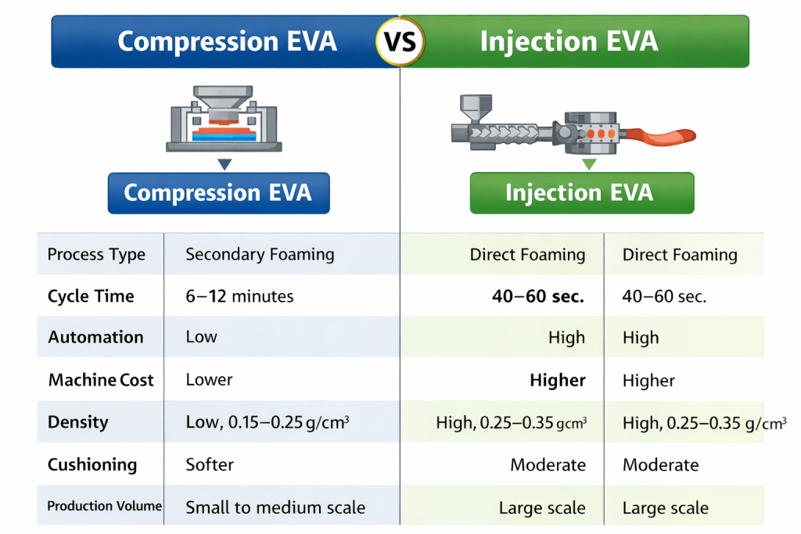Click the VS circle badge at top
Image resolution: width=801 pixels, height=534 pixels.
(400, 41)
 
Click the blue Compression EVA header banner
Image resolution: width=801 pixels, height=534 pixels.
(227, 41)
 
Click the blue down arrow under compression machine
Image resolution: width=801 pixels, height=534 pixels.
(224, 164)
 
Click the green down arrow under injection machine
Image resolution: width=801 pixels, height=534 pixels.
(588, 163)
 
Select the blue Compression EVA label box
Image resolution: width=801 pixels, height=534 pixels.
(218, 192)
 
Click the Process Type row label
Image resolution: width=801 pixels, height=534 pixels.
(96, 254)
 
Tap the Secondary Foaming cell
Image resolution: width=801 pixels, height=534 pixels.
(260, 254)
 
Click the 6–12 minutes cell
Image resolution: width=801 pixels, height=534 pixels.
(239, 296)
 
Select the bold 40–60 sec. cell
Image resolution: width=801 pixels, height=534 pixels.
(538, 296)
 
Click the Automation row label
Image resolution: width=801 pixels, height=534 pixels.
(95, 338)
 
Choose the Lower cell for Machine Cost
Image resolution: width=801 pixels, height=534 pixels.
(209, 380)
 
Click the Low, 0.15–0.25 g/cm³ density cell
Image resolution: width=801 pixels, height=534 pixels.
(267, 422)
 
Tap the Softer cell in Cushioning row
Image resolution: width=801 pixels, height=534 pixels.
(210, 464)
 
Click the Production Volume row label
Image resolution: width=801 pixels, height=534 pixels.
(104, 507)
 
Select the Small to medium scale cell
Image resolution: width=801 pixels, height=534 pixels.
(275, 507)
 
